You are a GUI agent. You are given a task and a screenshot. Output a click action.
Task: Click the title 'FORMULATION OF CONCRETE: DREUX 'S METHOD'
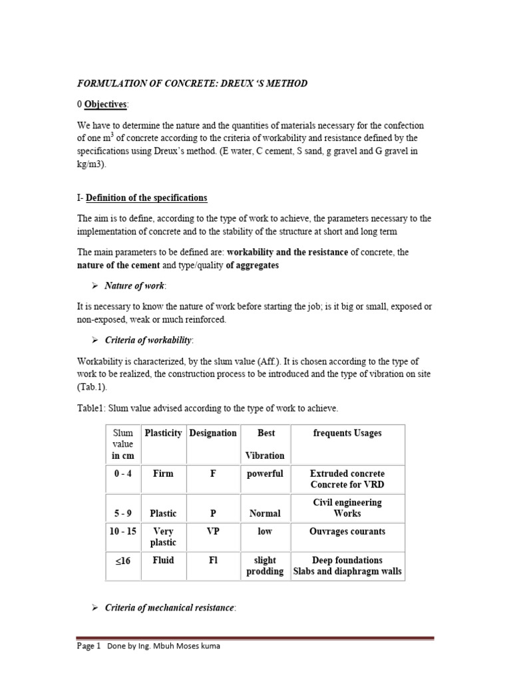click(192, 83)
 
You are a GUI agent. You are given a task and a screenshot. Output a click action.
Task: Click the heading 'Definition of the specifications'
click(146, 198)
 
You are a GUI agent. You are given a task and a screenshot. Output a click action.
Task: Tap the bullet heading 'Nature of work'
click(135, 285)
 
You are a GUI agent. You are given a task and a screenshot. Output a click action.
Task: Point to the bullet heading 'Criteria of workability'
click(148, 340)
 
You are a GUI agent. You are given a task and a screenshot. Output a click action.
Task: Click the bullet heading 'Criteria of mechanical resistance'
click(170, 609)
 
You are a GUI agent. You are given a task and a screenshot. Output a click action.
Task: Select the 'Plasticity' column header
click(163, 433)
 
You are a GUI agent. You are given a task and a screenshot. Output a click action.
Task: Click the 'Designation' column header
click(213, 433)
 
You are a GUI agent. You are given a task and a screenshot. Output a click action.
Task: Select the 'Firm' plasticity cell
click(163, 474)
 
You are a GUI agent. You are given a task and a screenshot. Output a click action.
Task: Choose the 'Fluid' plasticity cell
click(163, 560)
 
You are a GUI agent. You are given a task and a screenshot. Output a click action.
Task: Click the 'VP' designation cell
click(213, 531)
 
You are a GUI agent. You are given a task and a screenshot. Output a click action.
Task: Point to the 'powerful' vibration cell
click(265, 474)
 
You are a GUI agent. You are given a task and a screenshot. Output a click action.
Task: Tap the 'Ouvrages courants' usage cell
click(347, 531)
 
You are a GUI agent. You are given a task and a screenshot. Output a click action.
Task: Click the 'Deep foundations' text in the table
click(347, 560)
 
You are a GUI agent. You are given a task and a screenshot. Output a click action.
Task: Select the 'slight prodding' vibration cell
click(265, 566)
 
